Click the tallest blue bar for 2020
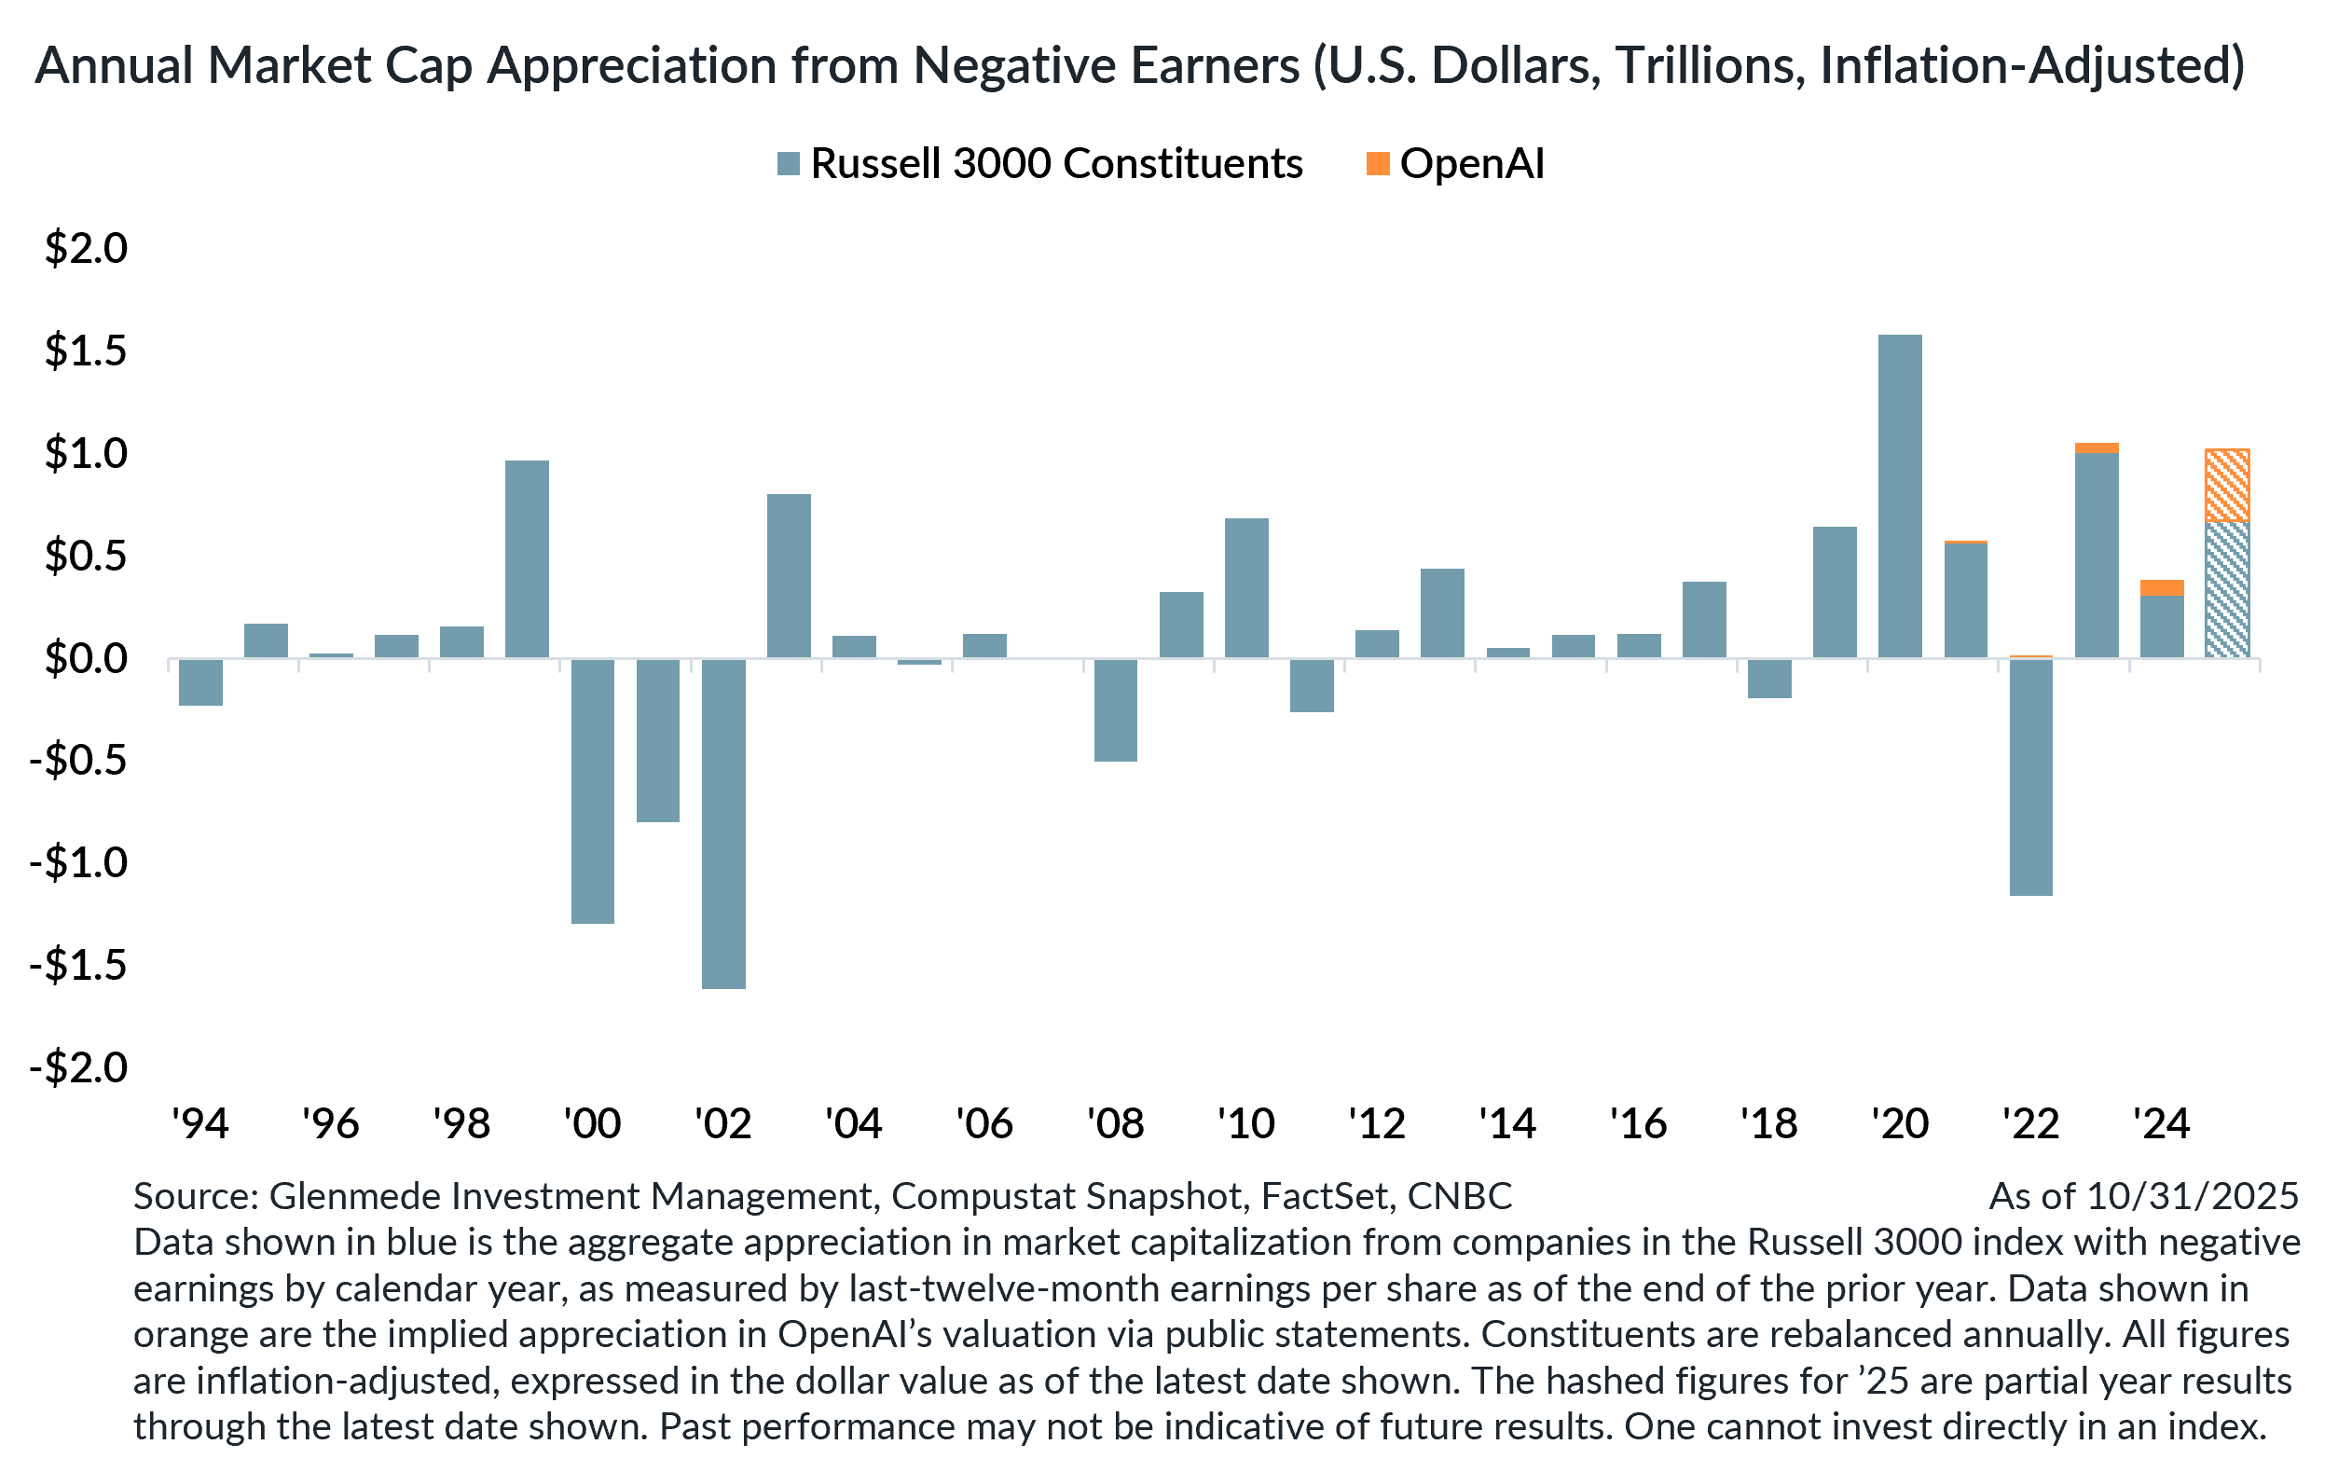[1900, 496]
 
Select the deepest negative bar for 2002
[723, 823]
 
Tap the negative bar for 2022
[2031, 777]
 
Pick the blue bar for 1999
[528, 559]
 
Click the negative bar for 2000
[592, 791]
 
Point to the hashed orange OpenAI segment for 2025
[2227, 486]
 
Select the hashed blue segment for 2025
[2227, 589]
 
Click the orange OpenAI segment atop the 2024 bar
[2162, 587]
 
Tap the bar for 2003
[789, 576]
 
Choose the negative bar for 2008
[1116, 709]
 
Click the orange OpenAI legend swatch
[1378, 163]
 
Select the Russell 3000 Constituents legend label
[1056, 163]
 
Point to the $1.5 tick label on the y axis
[86, 351]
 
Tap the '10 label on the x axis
[1245, 1123]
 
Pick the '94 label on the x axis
[200, 1123]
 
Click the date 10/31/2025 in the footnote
[2193, 1195]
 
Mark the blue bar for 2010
[1245, 588]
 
